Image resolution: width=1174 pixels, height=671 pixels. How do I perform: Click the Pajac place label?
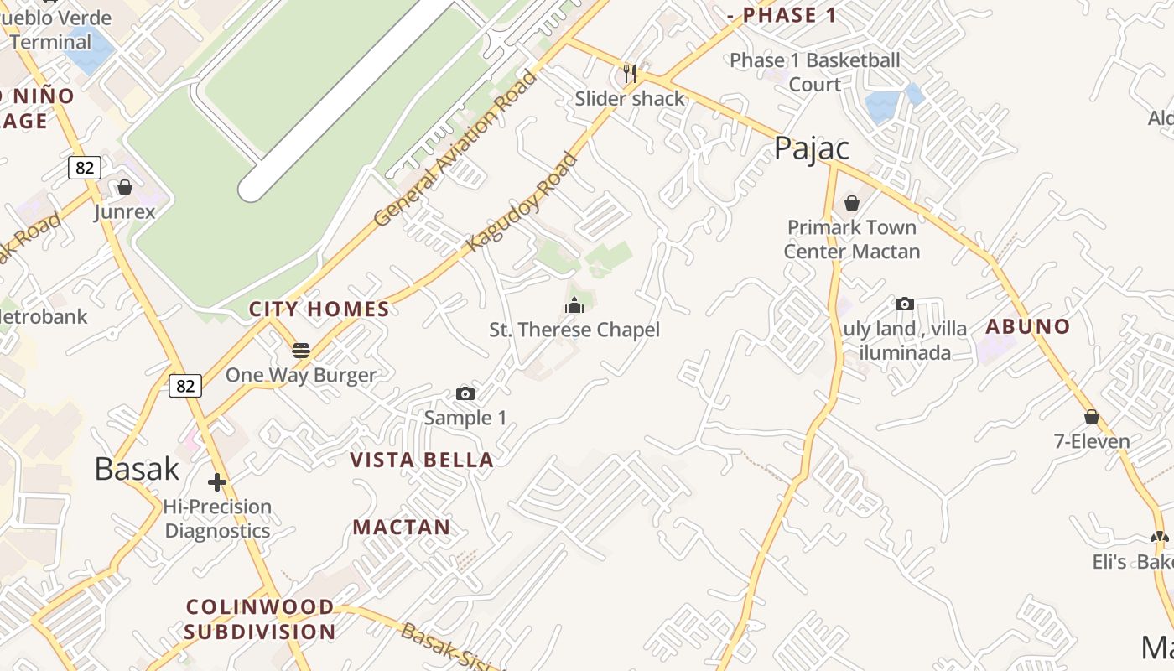(x=811, y=148)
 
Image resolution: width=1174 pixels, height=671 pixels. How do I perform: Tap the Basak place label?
(x=137, y=469)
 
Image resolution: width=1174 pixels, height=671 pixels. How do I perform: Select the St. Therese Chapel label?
(x=574, y=330)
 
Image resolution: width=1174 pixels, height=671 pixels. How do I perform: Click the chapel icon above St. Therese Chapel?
(x=574, y=305)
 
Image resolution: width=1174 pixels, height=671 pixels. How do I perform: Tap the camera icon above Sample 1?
(x=465, y=393)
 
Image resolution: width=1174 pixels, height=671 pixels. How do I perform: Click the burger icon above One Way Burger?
(x=301, y=350)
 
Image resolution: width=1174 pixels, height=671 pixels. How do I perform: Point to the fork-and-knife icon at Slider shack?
(x=630, y=74)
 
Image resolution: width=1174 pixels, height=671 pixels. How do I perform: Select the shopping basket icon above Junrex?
(x=125, y=187)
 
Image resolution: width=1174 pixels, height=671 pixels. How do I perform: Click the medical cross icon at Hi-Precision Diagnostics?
(x=217, y=482)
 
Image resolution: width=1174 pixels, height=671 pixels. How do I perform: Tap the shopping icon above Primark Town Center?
(x=852, y=203)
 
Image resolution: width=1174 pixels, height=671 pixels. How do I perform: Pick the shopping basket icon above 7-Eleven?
(x=1092, y=417)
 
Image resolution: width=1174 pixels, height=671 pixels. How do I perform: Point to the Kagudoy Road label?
(x=522, y=202)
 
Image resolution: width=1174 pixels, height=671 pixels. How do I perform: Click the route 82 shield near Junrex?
(x=85, y=168)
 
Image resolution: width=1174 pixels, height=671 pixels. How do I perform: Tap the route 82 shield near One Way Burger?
(x=185, y=386)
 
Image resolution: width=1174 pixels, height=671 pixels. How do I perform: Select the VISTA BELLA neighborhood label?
(x=422, y=460)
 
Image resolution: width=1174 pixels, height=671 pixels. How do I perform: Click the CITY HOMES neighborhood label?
(x=319, y=309)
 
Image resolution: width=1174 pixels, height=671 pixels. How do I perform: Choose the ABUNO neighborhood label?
(x=1028, y=327)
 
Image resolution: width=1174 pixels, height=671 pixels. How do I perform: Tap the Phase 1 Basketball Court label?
(x=814, y=72)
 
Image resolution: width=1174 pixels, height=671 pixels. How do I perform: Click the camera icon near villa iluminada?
(x=905, y=304)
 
